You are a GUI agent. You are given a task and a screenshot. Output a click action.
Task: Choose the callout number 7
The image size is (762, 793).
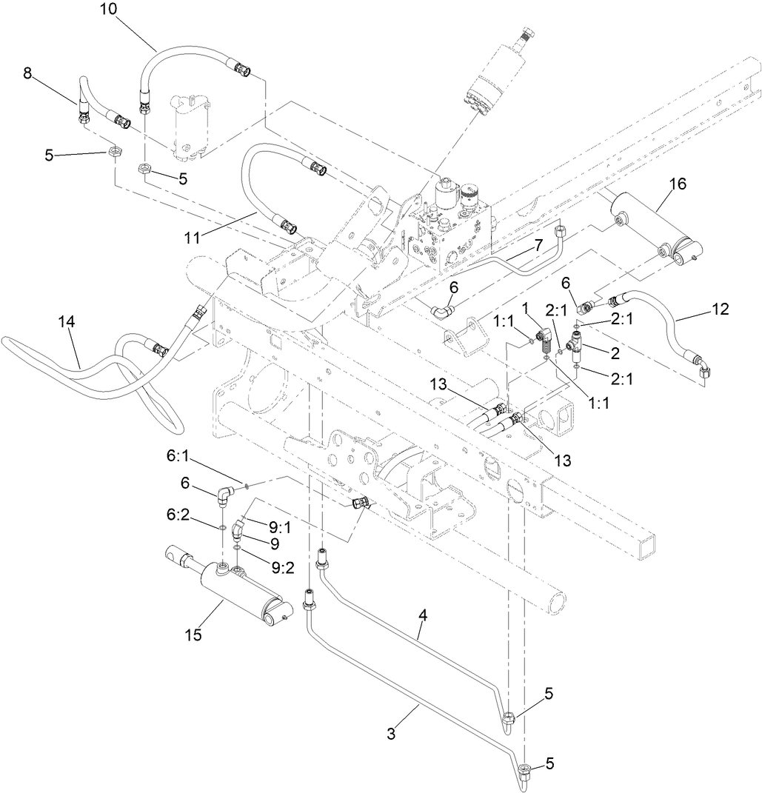point(538,244)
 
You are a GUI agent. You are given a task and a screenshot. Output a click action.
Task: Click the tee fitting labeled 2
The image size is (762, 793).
point(575,344)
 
